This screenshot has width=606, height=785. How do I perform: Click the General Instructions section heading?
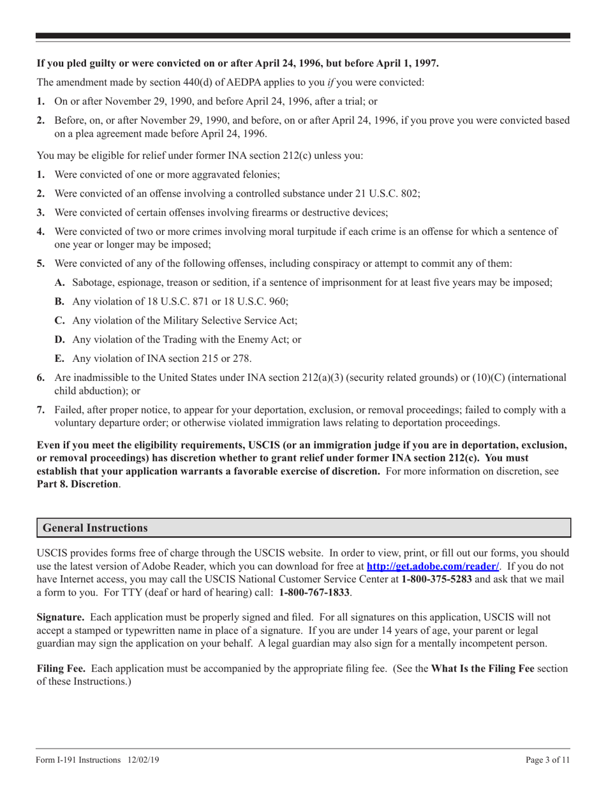point(95,528)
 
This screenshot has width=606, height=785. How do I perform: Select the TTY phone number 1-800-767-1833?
point(314,592)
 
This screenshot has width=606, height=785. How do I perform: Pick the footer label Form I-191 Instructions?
point(78,760)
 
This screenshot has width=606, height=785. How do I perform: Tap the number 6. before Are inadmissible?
point(40,378)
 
